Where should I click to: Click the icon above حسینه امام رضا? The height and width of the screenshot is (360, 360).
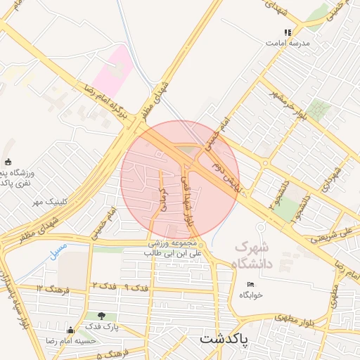tap(70, 330)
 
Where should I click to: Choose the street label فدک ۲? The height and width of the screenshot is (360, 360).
tap(103, 285)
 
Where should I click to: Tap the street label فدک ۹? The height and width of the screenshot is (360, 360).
tap(136, 288)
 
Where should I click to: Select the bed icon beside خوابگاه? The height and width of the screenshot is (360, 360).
tap(251, 283)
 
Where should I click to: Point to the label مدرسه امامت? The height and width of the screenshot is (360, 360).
tap(288, 42)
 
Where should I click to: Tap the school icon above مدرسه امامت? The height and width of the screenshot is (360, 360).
tap(288, 32)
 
